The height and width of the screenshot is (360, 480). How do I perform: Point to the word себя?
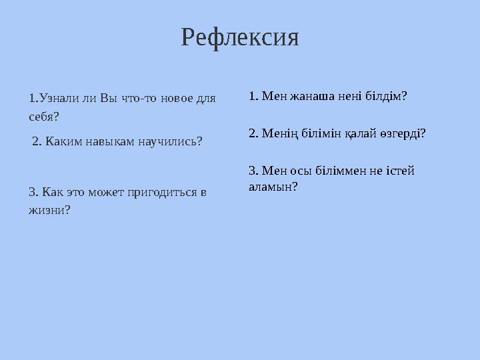pyautogui.click(x=44, y=117)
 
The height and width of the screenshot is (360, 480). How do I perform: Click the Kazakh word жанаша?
pyautogui.click(x=309, y=96)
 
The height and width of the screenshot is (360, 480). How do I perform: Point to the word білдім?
pyautogui.click(x=383, y=96)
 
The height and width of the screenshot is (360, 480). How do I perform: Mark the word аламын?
pyautogui.click(x=273, y=187)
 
